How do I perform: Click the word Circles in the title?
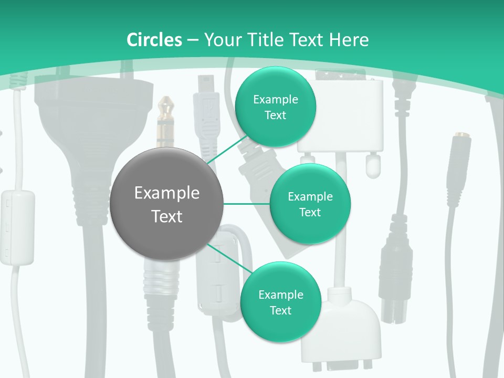pyautogui.click(x=154, y=40)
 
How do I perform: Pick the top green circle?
pyautogui.click(x=275, y=107)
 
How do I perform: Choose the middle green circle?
pyautogui.click(x=310, y=204)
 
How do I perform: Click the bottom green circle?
pyautogui.click(x=280, y=302)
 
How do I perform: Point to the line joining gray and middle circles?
pyautogui.click(x=247, y=204)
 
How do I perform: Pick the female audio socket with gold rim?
pyautogui.click(x=458, y=157)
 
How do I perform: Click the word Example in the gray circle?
pyautogui.click(x=167, y=193)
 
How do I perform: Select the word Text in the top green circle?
pyautogui.click(x=275, y=115)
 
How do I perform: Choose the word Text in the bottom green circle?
pyautogui.click(x=280, y=310)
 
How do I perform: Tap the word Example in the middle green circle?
pyautogui.click(x=310, y=196)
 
